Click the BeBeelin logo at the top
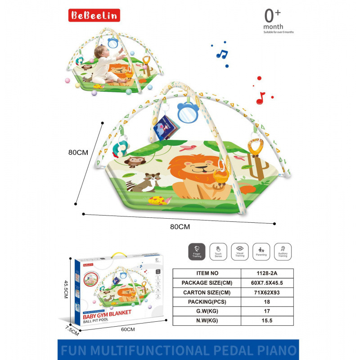click(x=94, y=16)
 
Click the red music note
click(x=261, y=98)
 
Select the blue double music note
click(x=222, y=54)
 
